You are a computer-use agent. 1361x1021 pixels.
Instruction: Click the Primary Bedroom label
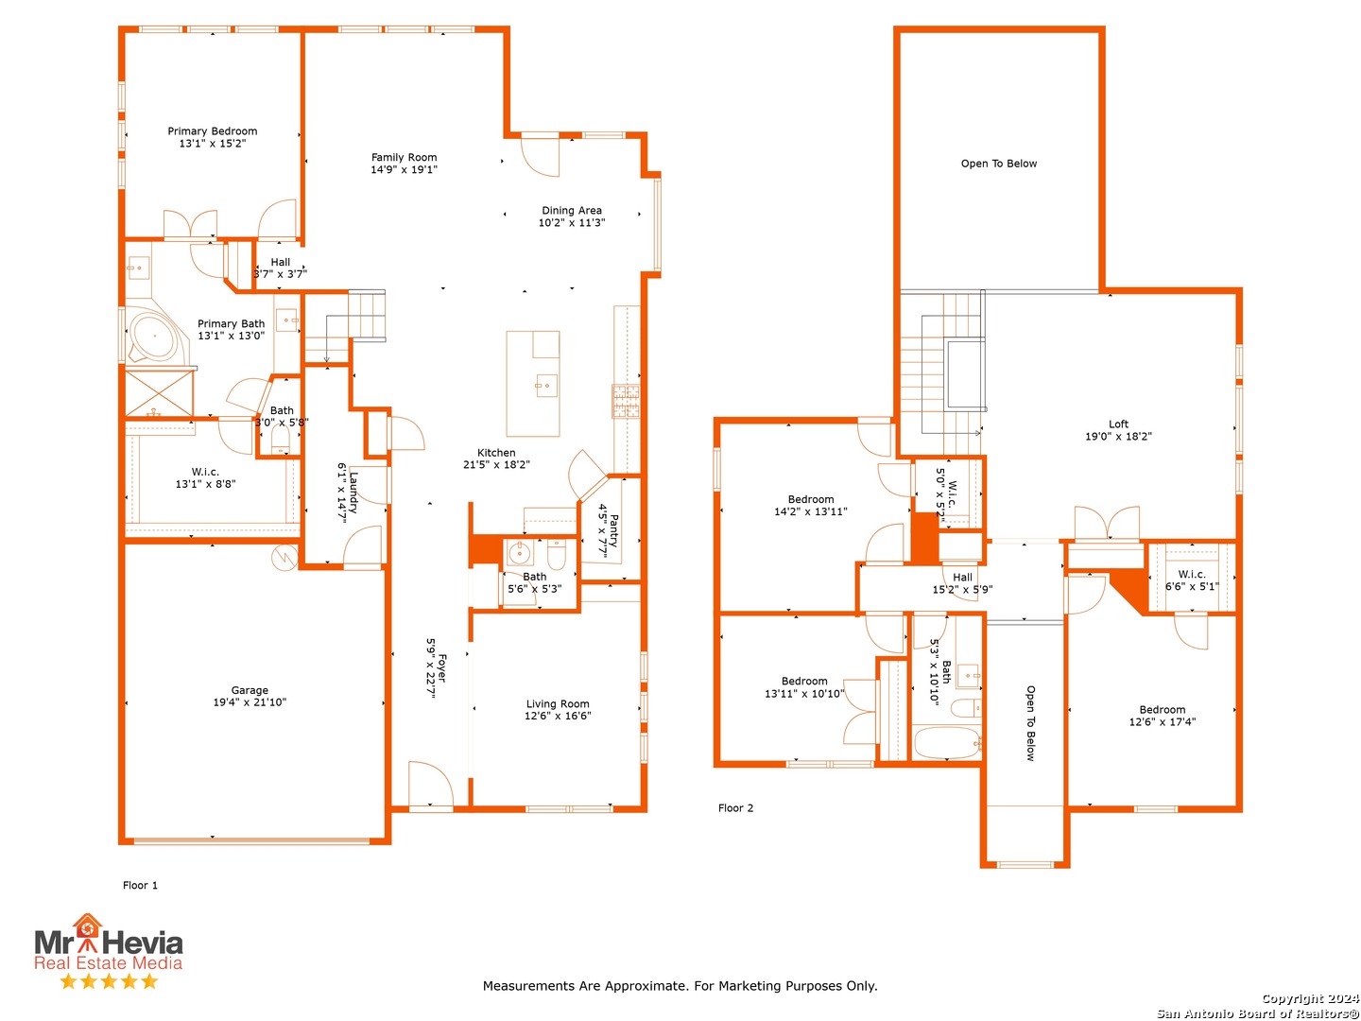[x=213, y=131]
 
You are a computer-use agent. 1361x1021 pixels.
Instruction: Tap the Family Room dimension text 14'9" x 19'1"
[x=404, y=170]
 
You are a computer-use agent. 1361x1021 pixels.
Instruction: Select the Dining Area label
[x=571, y=211]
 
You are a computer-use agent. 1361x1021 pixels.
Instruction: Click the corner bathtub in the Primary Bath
[x=152, y=337]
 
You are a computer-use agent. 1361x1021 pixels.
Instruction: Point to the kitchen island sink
[x=545, y=386]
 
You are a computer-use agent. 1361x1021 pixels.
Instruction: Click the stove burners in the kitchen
[x=626, y=401]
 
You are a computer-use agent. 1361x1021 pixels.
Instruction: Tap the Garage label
[x=250, y=690]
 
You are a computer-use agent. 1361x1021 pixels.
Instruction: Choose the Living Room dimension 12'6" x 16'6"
[x=558, y=717]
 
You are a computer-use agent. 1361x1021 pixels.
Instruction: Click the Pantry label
[x=613, y=531]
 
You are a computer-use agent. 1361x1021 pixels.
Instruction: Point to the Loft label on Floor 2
[x=1118, y=424]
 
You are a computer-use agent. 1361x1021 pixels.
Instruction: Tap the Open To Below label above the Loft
[x=998, y=164]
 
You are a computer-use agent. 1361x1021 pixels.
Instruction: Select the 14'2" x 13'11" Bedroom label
[x=811, y=511]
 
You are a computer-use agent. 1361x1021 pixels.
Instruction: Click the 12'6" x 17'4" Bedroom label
[x=1162, y=722]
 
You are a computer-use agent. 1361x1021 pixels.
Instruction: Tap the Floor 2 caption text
[x=735, y=808]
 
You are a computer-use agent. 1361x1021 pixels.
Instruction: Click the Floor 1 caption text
[x=140, y=886]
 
